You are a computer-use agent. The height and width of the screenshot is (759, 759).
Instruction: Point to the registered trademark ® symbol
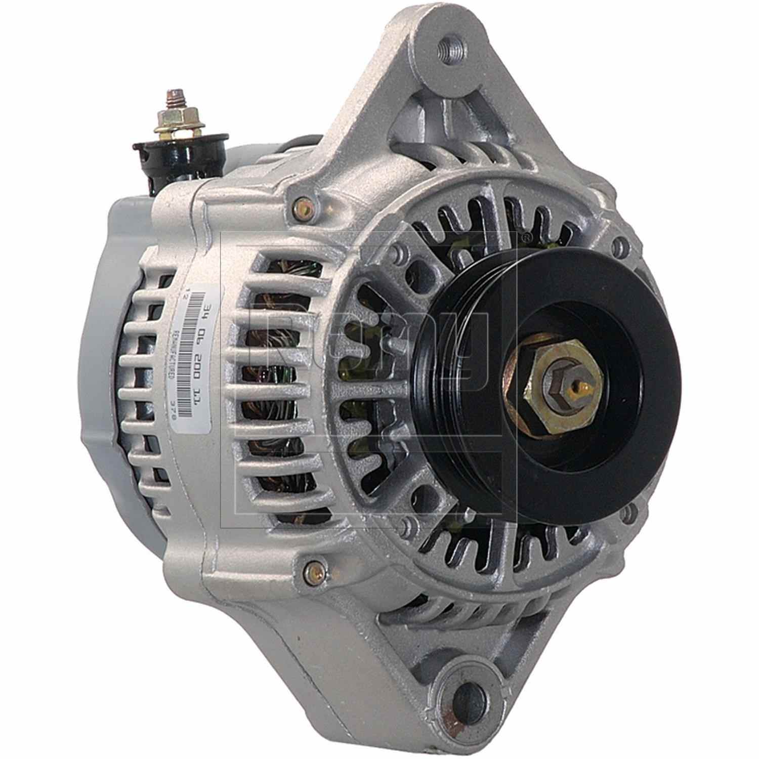click(x=526, y=236)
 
